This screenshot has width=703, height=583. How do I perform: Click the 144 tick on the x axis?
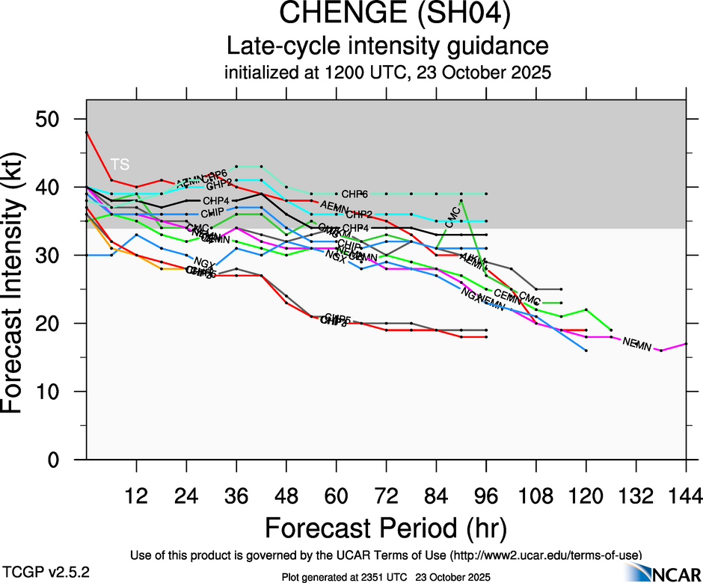tap(687, 495)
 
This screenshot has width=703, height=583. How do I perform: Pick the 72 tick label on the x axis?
tap(386, 495)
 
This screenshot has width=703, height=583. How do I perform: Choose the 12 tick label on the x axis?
tap(136, 495)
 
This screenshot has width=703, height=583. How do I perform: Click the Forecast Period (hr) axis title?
tap(386, 528)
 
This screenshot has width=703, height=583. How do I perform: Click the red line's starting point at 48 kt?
tap(87, 132)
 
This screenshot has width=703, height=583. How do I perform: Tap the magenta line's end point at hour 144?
tap(686, 344)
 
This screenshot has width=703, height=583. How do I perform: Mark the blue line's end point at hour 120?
tap(586, 350)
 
